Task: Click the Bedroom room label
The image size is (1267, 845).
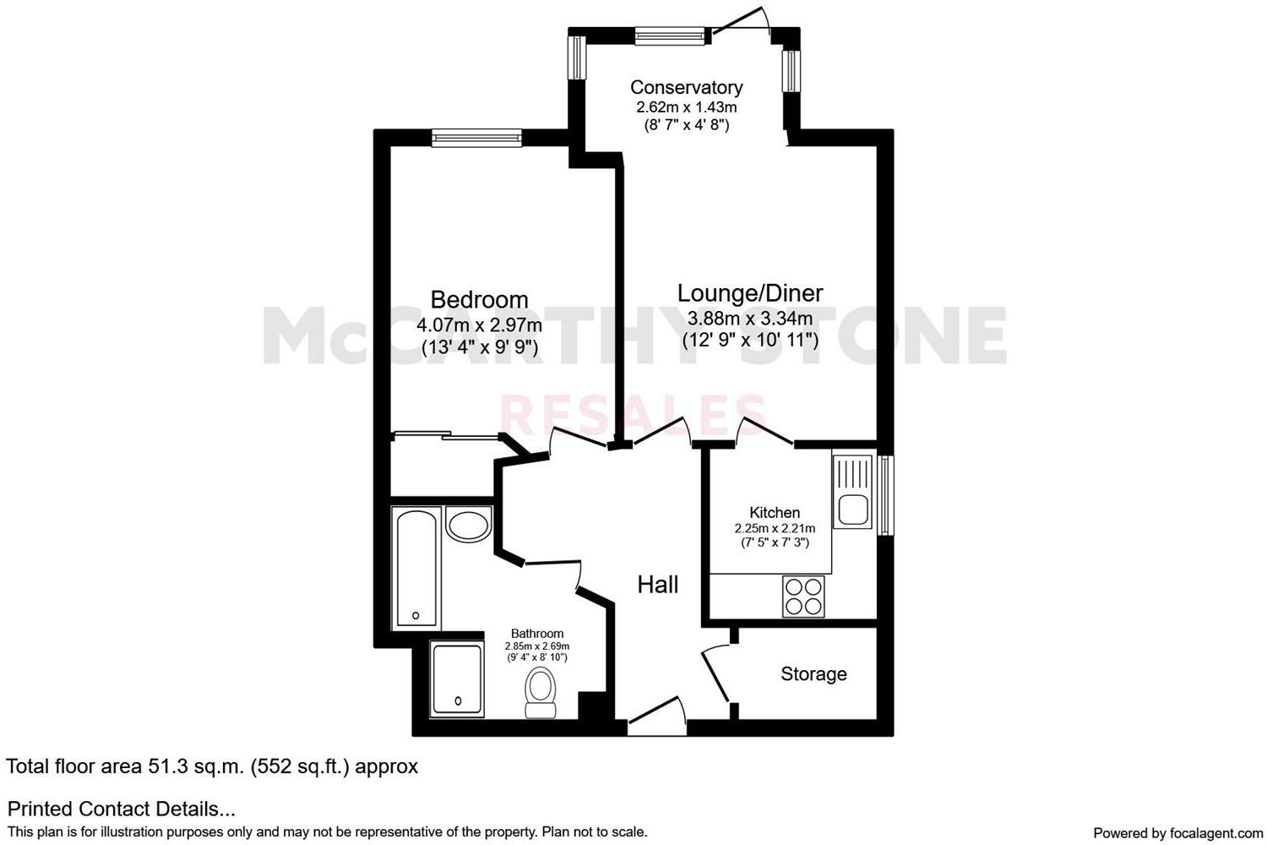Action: pyautogui.click(x=479, y=299)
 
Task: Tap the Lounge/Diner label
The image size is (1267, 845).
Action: pyautogui.click(x=750, y=292)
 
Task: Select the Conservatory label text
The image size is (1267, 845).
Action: pyautogui.click(x=686, y=87)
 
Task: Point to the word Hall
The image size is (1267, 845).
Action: pyautogui.click(x=657, y=584)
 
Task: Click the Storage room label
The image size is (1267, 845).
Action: pyautogui.click(x=813, y=673)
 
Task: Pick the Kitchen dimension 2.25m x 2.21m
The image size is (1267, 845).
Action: pyautogui.click(x=775, y=528)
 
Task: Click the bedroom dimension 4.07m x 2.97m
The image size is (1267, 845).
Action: pyautogui.click(x=479, y=325)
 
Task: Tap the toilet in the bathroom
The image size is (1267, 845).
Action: pyautogui.click(x=540, y=693)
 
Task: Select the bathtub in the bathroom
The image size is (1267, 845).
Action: pyautogui.click(x=416, y=567)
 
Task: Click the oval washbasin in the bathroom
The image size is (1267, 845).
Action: pyautogui.click(x=468, y=526)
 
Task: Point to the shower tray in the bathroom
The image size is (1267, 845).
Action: pyautogui.click(x=457, y=679)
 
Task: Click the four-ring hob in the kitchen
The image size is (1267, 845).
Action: pyautogui.click(x=803, y=596)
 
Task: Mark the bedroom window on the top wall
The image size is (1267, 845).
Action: pyautogui.click(x=476, y=138)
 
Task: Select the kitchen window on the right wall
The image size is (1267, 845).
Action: pyautogui.click(x=885, y=495)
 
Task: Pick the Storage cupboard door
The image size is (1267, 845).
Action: pyautogui.click(x=716, y=673)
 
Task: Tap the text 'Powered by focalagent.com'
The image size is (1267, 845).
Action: pyautogui.click(x=1177, y=832)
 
